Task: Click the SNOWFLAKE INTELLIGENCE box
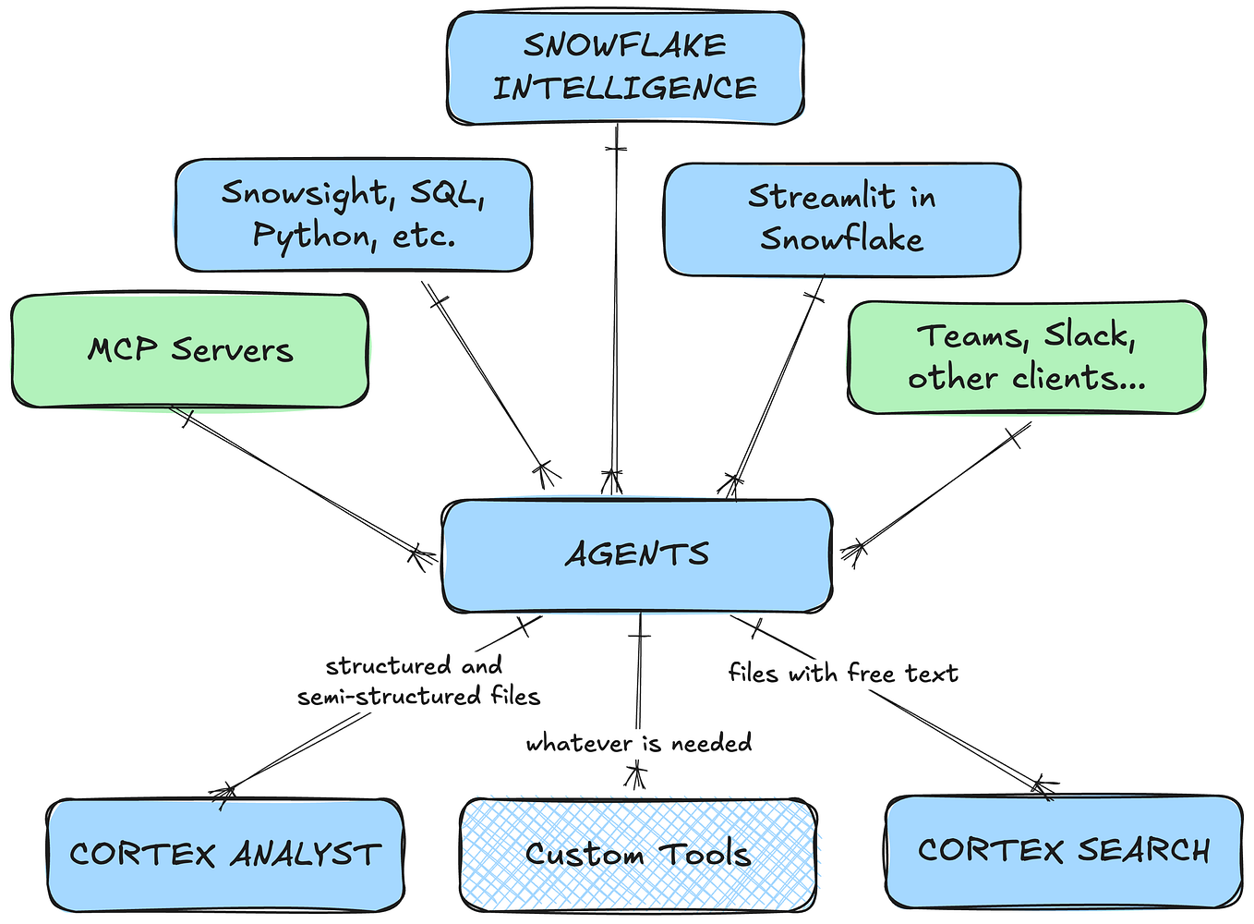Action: coord(625,67)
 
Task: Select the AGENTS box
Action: coord(637,554)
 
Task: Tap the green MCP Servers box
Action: coord(189,350)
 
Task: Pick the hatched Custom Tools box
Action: coord(637,854)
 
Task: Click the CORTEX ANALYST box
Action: coord(224,854)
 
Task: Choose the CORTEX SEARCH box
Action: coord(1063,850)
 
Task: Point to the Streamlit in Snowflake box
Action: coord(841,218)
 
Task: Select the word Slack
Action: coord(1090,336)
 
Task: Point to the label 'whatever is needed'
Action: coord(638,743)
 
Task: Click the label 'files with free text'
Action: coord(842,674)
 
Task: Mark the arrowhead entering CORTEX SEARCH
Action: coord(1042,787)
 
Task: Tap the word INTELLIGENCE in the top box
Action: coord(624,89)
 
